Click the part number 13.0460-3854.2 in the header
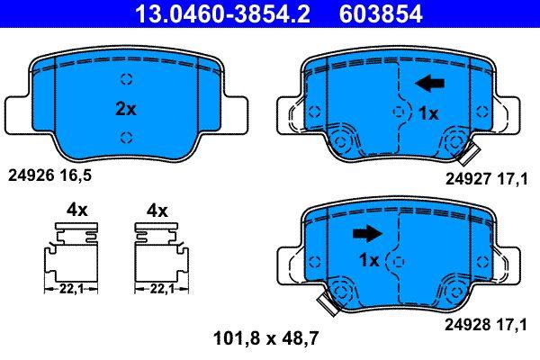click(223, 13)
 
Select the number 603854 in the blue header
click(381, 13)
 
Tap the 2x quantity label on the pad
click(126, 109)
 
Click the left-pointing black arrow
click(430, 84)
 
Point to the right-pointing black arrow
click(367, 234)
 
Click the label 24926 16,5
click(49, 175)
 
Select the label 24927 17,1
click(486, 179)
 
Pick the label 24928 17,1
click(486, 325)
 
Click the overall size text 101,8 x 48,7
click(265, 338)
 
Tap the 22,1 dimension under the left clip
click(71, 290)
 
